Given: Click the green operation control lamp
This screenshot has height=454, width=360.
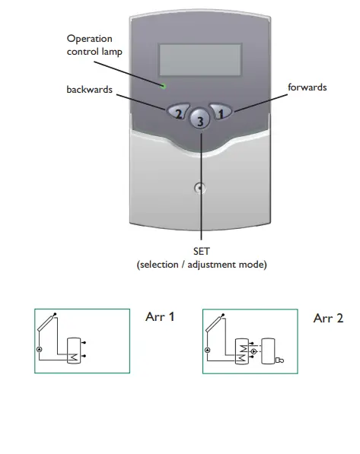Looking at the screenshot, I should click(163, 84).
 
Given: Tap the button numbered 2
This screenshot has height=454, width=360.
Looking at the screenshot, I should click(177, 113).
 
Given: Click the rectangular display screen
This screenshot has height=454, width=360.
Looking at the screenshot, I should click(201, 59).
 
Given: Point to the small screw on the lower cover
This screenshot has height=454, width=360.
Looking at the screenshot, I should click(200, 188).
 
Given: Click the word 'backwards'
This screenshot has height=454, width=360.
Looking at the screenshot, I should click(89, 90).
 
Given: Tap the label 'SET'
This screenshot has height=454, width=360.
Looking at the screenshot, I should click(202, 251).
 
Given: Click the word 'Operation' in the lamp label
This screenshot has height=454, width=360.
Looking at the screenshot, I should click(89, 39).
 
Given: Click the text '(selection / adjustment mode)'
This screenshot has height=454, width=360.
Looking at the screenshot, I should click(202, 265).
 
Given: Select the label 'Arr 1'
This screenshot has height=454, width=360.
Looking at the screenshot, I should click(159, 316).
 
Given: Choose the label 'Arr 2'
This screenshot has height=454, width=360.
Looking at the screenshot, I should click(328, 317).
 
